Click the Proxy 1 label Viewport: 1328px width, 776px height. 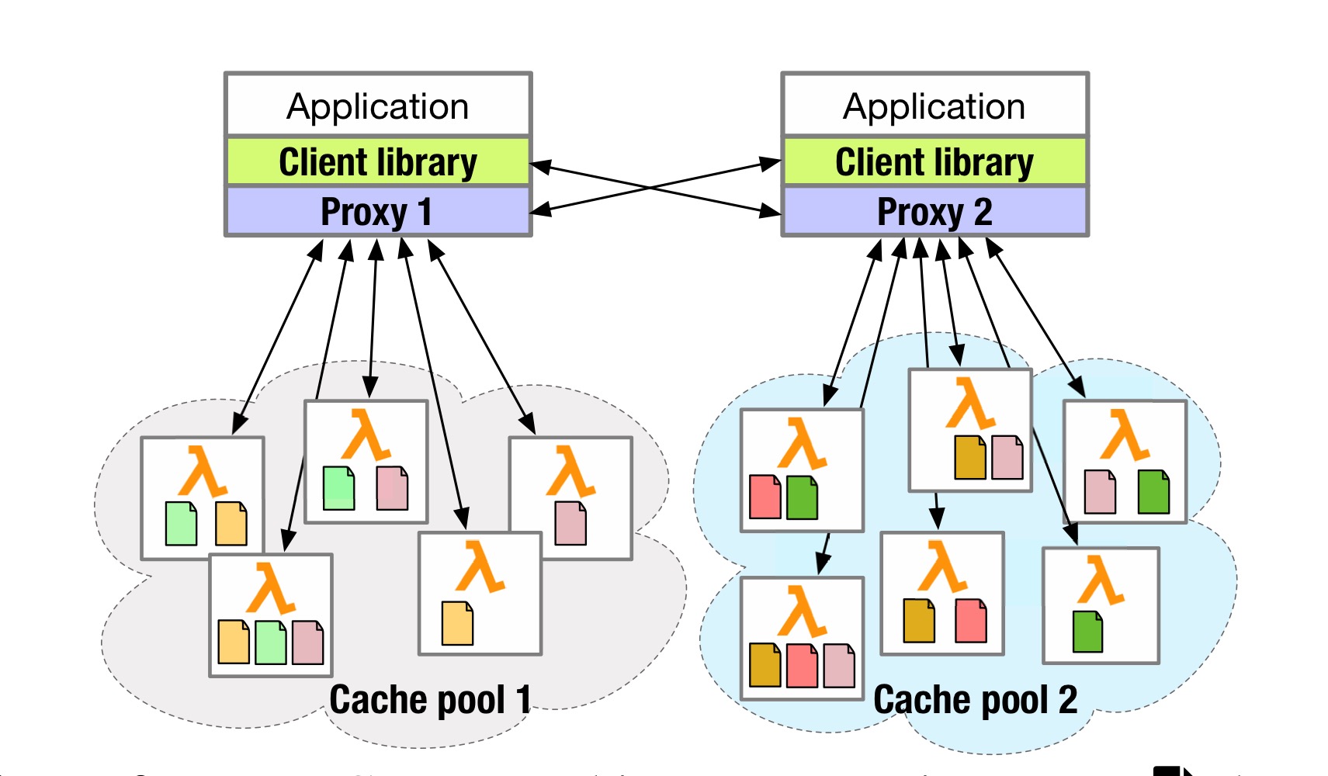pyautogui.click(x=376, y=212)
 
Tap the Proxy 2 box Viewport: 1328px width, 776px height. pyautogui.click(x=934, y=212)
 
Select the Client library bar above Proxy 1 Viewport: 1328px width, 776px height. pyautogui.click(x=378, y=162)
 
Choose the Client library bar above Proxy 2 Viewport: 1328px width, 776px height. pyautogui.click(x=934, y=162)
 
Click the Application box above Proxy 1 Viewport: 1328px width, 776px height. pyautogui.click(x=378, y=106)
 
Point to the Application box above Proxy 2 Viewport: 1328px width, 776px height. pyautogui.click(x=934, y=106)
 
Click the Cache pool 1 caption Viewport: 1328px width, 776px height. pyautogui.click(x=430, y=699)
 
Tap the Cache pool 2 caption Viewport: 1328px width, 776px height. pyautogui.click(x=976, y=699)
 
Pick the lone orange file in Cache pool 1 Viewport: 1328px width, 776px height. pyautogui.click(x=457, y=623)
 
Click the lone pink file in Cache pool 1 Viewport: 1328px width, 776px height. pyautogui.click(x=570, y=523)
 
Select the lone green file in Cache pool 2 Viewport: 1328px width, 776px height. pyautogui.click(x=1087, y=631)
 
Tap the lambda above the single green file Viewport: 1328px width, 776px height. pyautogui.click(x=1101, y=580)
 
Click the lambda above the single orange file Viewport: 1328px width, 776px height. pyautogui.click(x=480, y=567)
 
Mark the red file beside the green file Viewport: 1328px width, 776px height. pyautogui.click(x=765, y=497)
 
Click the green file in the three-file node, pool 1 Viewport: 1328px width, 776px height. pyautogui.click(x=271, y=642)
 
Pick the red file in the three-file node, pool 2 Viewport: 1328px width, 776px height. pyautogui.click(x=802, y=665)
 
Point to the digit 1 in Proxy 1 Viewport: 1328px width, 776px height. pyautogui.click(x=424, y=212)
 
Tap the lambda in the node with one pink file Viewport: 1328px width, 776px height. pyautogui.click(x=570, y=471)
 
